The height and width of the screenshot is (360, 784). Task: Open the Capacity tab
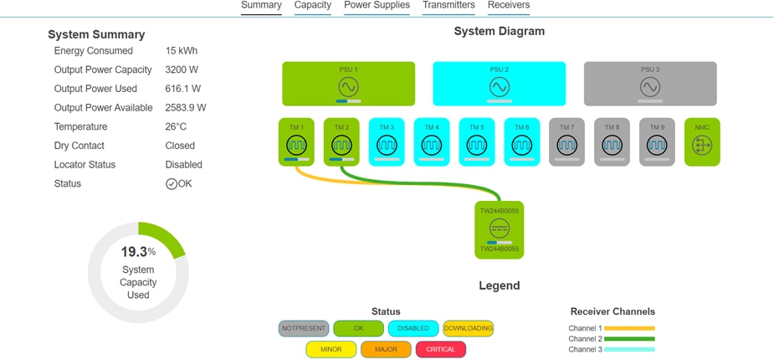click(x=312, y=6)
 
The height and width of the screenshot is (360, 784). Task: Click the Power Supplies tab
click(x=377, y=6)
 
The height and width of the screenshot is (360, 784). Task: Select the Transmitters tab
click(x=448, y=6)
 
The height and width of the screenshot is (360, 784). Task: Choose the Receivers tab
click(x=508, y=6)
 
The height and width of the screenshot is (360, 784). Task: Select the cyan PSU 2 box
click(x=499, y=84)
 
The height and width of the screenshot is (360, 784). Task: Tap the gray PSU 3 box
click(x=649, y=84)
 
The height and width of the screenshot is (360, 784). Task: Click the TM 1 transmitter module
click(x=296, y=141)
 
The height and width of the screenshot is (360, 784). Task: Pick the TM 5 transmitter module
click(x=477, y=141)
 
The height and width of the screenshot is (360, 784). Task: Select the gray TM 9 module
click(x=658, y=141)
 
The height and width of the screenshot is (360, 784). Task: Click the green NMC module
click(x=702, y=141)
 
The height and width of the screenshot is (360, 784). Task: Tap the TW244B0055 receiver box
click(x=499, y=229)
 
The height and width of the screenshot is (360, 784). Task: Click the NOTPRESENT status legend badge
click(x=303, y=328)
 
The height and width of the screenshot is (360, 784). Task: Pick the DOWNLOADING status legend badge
click(x=468, y=328)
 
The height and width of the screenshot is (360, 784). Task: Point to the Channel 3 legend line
click(x=629, y=349)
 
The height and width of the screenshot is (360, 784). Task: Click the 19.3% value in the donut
click(x=134, y=251)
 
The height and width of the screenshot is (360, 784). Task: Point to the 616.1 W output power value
click(x=184, y=89)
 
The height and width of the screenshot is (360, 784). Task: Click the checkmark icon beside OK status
click(x=172, y=184)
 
